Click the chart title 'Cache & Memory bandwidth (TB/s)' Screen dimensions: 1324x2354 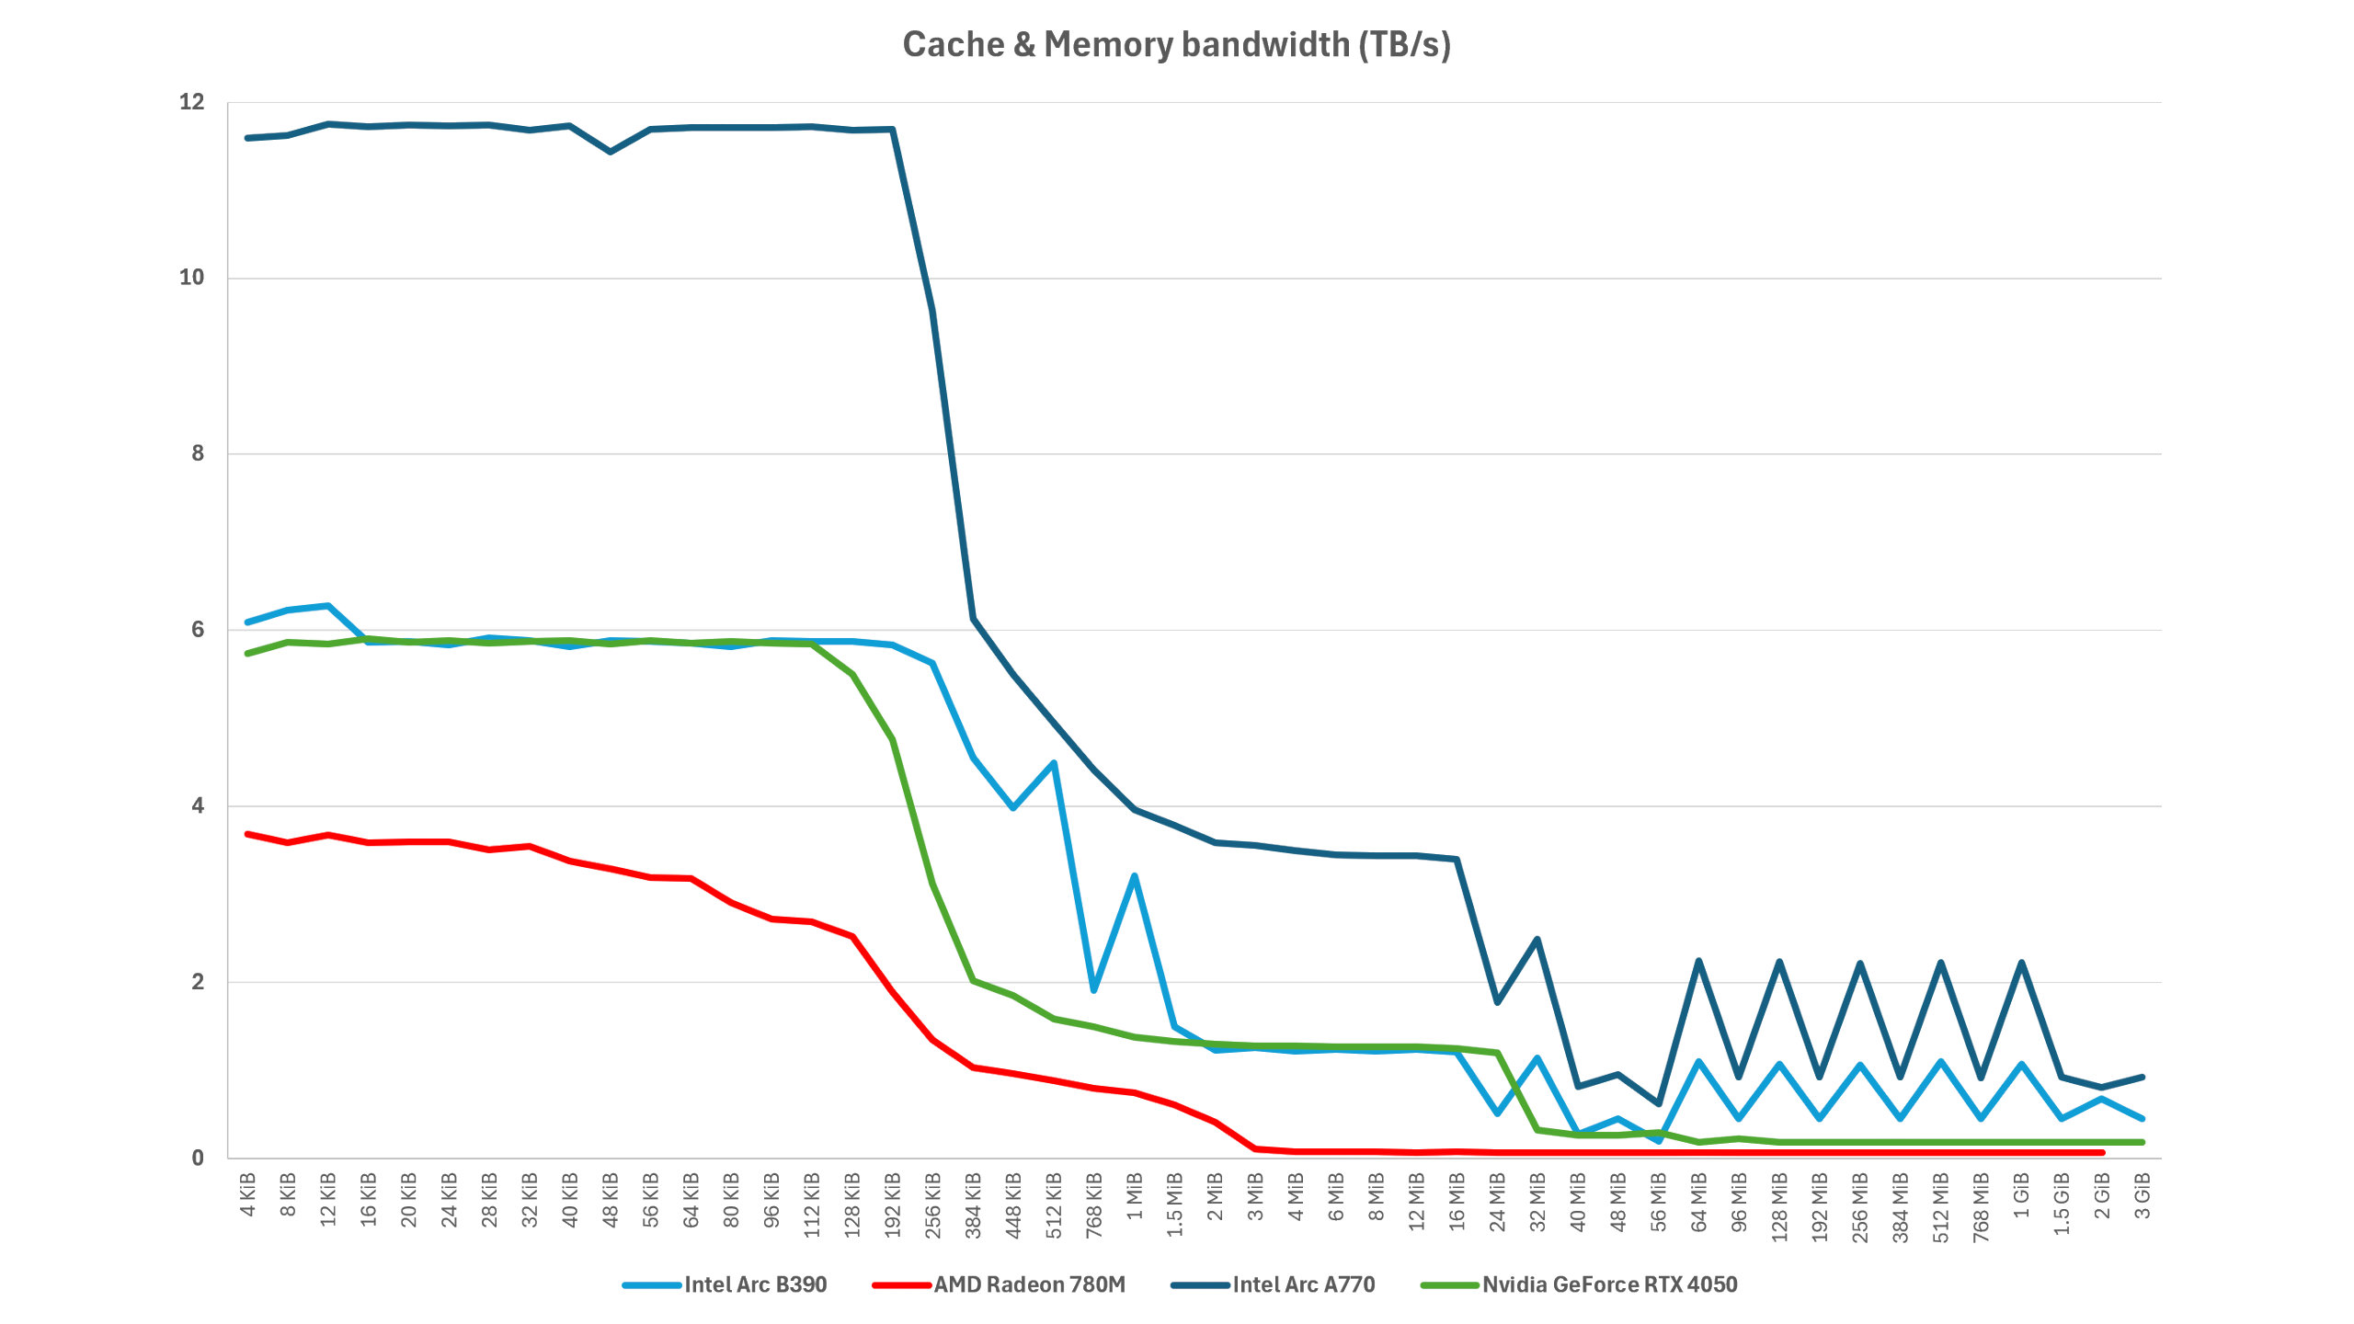pyautogui.click(x=1176, y=44)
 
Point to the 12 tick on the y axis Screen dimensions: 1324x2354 pyautogui.click(x=191, y=102)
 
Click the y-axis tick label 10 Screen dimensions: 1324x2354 pyautogui.click(x=191, y=278)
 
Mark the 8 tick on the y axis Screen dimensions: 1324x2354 pyautogui.click(x=198, y=453)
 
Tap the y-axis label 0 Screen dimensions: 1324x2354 pyautogui.click(x=198, y=1158)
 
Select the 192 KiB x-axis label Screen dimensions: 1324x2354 pyautogui.click(x=893, y=1204)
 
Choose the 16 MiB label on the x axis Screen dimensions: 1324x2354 pyautogui.click(x=1457, y=1200)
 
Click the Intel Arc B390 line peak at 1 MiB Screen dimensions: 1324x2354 pyautogui.click(x=1135, y=875)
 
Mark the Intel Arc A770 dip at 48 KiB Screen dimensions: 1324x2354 pyautogui.click(x=611, y=152)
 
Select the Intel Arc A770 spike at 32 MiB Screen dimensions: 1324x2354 pyautogui.click(x=1537, y=940)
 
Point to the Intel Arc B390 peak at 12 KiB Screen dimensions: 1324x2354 pyautogui.click(x=328, y=606)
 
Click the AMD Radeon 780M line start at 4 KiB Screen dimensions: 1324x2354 pyautogui.click(x=248, y=834)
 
